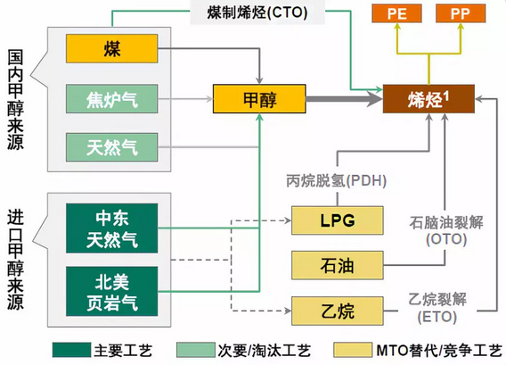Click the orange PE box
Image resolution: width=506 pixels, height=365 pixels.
click(x=397, y=13)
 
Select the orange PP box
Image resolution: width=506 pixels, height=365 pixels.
click(x=461, y=13)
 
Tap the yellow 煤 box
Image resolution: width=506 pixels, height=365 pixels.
click(x=112, y=48)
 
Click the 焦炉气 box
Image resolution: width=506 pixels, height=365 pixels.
click(x=112, y=98)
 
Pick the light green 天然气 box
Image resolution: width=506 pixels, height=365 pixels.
click(x=112, y=147)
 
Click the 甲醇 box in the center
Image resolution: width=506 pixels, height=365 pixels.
click(x=259, y=99)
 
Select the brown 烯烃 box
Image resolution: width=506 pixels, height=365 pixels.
click(x=428, y=99)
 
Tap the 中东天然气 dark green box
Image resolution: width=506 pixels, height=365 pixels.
click(x=112, y=228)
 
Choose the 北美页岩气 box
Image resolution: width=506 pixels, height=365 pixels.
click(x=112, y=291)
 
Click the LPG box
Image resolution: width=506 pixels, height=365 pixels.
click(x=338, y=220)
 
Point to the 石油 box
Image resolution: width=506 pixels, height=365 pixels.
click(x=338, y=265)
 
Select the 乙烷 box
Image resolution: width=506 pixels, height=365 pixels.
click(x=338, y=311)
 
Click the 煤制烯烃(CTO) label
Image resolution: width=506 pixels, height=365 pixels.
click(x=257, y=12)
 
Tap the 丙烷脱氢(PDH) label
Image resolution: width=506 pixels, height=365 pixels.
click(x=336, y=180)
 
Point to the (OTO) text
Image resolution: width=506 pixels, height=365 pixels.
click(x=446, y=239)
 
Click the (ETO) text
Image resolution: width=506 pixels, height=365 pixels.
click(x=437, y=317)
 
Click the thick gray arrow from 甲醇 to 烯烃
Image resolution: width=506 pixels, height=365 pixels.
click(x=344, y=99)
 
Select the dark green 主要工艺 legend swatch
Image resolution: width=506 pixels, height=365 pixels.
click(x=71, y=350)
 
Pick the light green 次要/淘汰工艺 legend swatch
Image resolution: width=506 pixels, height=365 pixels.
click(x=196, y=350)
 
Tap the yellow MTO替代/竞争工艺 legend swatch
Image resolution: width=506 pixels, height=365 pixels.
click(x=353, y=350)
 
